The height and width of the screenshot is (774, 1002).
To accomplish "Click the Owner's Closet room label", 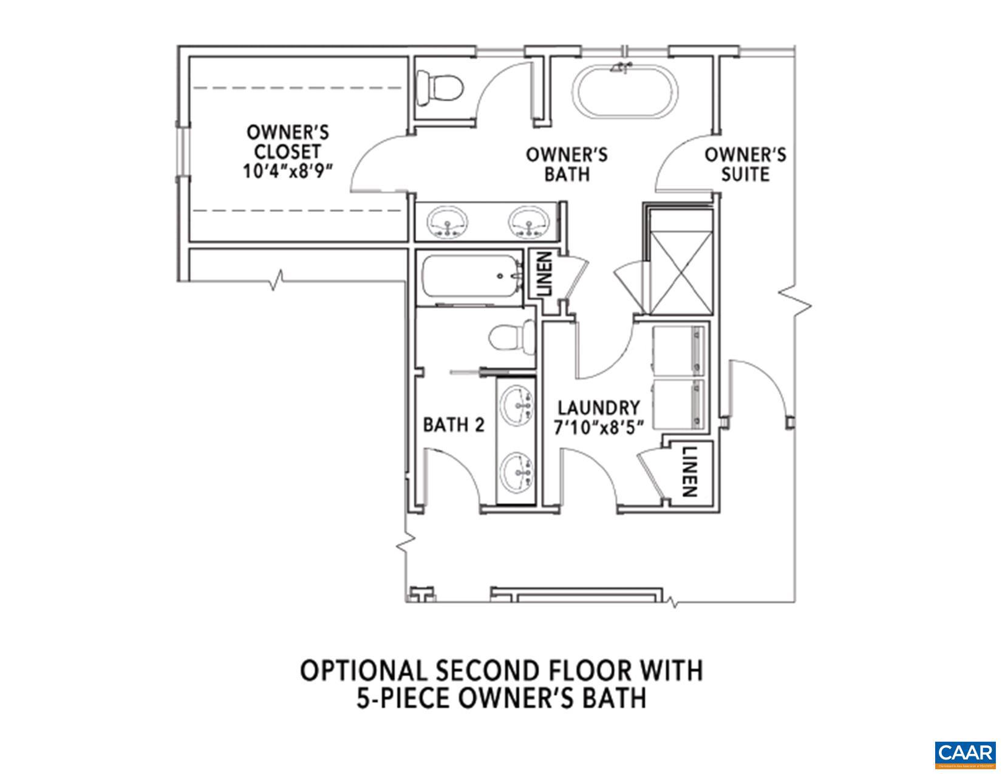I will [x=288, y=141].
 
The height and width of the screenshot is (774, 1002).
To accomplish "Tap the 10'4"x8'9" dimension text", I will [x=290, y=171].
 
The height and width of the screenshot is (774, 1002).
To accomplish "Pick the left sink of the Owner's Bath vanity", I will [x=448, y=222].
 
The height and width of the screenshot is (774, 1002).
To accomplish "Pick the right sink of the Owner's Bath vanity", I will [x=528, y=222].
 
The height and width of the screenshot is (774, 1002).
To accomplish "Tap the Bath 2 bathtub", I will [x=468, y=277].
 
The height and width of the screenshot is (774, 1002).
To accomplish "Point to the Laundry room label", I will [x=599, y=407].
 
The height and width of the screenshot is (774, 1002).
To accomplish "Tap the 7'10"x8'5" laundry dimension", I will [x=599, y=427].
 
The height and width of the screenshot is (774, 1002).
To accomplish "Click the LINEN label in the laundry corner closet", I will [x=688, y=472].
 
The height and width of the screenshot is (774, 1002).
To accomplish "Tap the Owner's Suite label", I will [x=745, y=165].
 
